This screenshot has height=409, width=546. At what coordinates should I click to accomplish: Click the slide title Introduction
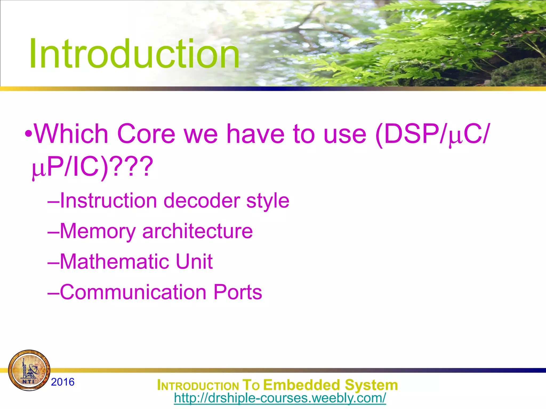tap(134, 54)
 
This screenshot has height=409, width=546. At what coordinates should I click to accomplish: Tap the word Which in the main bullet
tap(71, 134)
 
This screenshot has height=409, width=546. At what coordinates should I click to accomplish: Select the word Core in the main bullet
tap(146, 134)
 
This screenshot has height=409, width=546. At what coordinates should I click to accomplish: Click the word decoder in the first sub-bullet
tap(202, 201)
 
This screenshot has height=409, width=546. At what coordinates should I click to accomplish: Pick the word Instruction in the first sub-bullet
tap(108, 201)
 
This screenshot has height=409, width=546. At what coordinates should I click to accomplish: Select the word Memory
tap(98, 231)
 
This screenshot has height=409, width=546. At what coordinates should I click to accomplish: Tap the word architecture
tap(197, 231)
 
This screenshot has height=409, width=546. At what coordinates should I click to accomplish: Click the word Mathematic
tap(114, 261)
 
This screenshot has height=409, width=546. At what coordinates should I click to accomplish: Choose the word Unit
tap(194, 261)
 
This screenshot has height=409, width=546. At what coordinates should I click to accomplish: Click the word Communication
tap(133, 292)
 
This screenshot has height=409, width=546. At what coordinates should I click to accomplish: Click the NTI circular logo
tap(29, 370)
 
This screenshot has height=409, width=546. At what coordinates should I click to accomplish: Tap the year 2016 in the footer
tap(63, 382)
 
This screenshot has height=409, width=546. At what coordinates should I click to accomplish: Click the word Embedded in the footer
tap(302, 385)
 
